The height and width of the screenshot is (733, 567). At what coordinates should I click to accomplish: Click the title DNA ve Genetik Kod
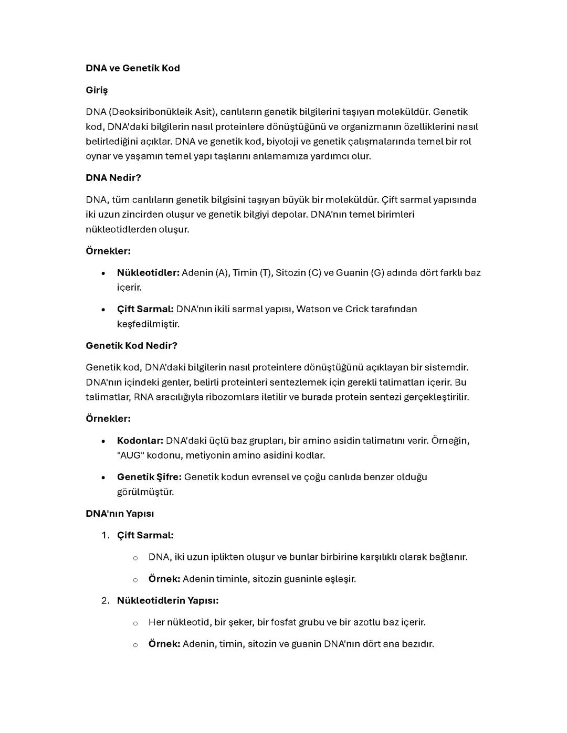[x=132, y=68]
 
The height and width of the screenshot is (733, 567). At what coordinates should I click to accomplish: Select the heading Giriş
[x=97, y=90]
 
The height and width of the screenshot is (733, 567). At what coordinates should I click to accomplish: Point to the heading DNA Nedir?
[x=113, y=178]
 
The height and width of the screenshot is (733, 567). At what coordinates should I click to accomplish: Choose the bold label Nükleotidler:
[x=148, y=273]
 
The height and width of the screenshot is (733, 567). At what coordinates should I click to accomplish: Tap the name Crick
[x=357, y=309]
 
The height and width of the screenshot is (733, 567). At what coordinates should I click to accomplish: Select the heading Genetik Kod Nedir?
[x=131, y=346]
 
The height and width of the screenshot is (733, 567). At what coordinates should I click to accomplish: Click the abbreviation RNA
[x=143, y=397]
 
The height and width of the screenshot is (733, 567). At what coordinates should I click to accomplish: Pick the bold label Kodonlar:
[x=140, y=441]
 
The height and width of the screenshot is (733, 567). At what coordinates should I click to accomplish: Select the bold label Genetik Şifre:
[x=149, y=477]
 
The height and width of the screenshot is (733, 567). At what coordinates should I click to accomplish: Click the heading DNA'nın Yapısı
[x=120, y=514]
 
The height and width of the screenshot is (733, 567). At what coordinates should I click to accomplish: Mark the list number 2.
[x=105, y=600]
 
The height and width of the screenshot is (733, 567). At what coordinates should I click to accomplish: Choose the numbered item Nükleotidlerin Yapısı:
[x=167, y=600]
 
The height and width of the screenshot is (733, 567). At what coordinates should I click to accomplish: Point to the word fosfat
[x=283, y=622]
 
